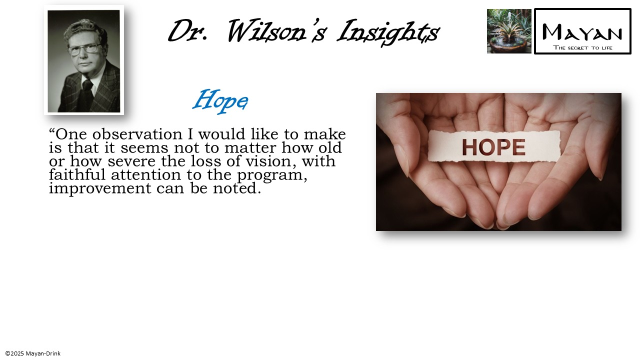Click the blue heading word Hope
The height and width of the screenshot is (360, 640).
[220, 100]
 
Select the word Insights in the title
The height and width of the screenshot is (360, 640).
[388, 31]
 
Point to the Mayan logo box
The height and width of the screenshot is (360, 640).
[582, 30]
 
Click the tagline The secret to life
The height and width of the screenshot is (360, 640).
[582, 48]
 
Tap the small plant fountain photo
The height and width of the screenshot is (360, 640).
[509, 31]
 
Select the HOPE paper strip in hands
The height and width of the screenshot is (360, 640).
[494, 146]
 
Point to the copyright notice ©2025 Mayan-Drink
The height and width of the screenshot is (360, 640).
[33, 353]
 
